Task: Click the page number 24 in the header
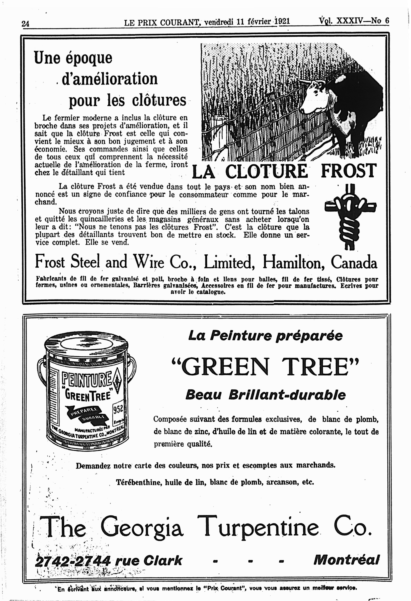click(25, 24)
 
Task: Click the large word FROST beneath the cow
click(348, 171)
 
